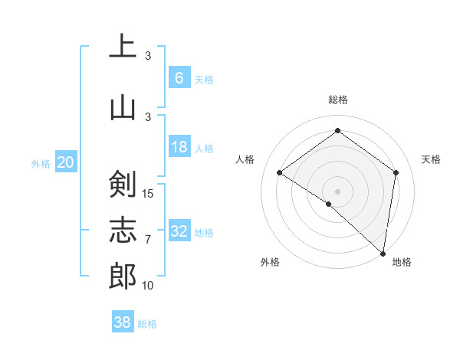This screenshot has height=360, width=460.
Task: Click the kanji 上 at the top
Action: tap(123, 46)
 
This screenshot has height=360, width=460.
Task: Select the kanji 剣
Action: tap(123, 185)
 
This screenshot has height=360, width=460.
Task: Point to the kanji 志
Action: tap(123, 230)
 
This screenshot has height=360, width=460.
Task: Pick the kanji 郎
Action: tap(123, 275)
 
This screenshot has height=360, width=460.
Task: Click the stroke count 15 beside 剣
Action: tap(149, 193)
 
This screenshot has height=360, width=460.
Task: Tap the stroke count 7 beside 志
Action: tap(148, 240)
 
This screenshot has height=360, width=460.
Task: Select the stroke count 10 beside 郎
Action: tap(149, 285)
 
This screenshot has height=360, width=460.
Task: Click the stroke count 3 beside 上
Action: tap(148, 55)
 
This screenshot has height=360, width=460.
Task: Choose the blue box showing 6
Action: tap(179, 77)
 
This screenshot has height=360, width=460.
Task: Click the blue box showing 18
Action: tap(179, 147)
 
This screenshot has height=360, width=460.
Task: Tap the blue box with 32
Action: tap(179, 231)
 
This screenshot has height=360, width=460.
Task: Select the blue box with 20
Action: tap(66, 162)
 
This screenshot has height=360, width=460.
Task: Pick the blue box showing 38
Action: tap(123, 322)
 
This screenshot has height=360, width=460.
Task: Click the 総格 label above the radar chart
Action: tap(337, 100)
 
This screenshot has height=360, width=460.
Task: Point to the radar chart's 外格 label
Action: tap(270, 262)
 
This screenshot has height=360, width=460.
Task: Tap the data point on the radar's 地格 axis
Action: tap(383, 253)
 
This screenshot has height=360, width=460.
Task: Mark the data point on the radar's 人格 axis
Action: tap(280, 172)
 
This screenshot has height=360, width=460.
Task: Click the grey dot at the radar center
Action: tap(337, 191)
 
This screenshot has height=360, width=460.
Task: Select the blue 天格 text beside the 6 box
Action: tap(204, 79)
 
